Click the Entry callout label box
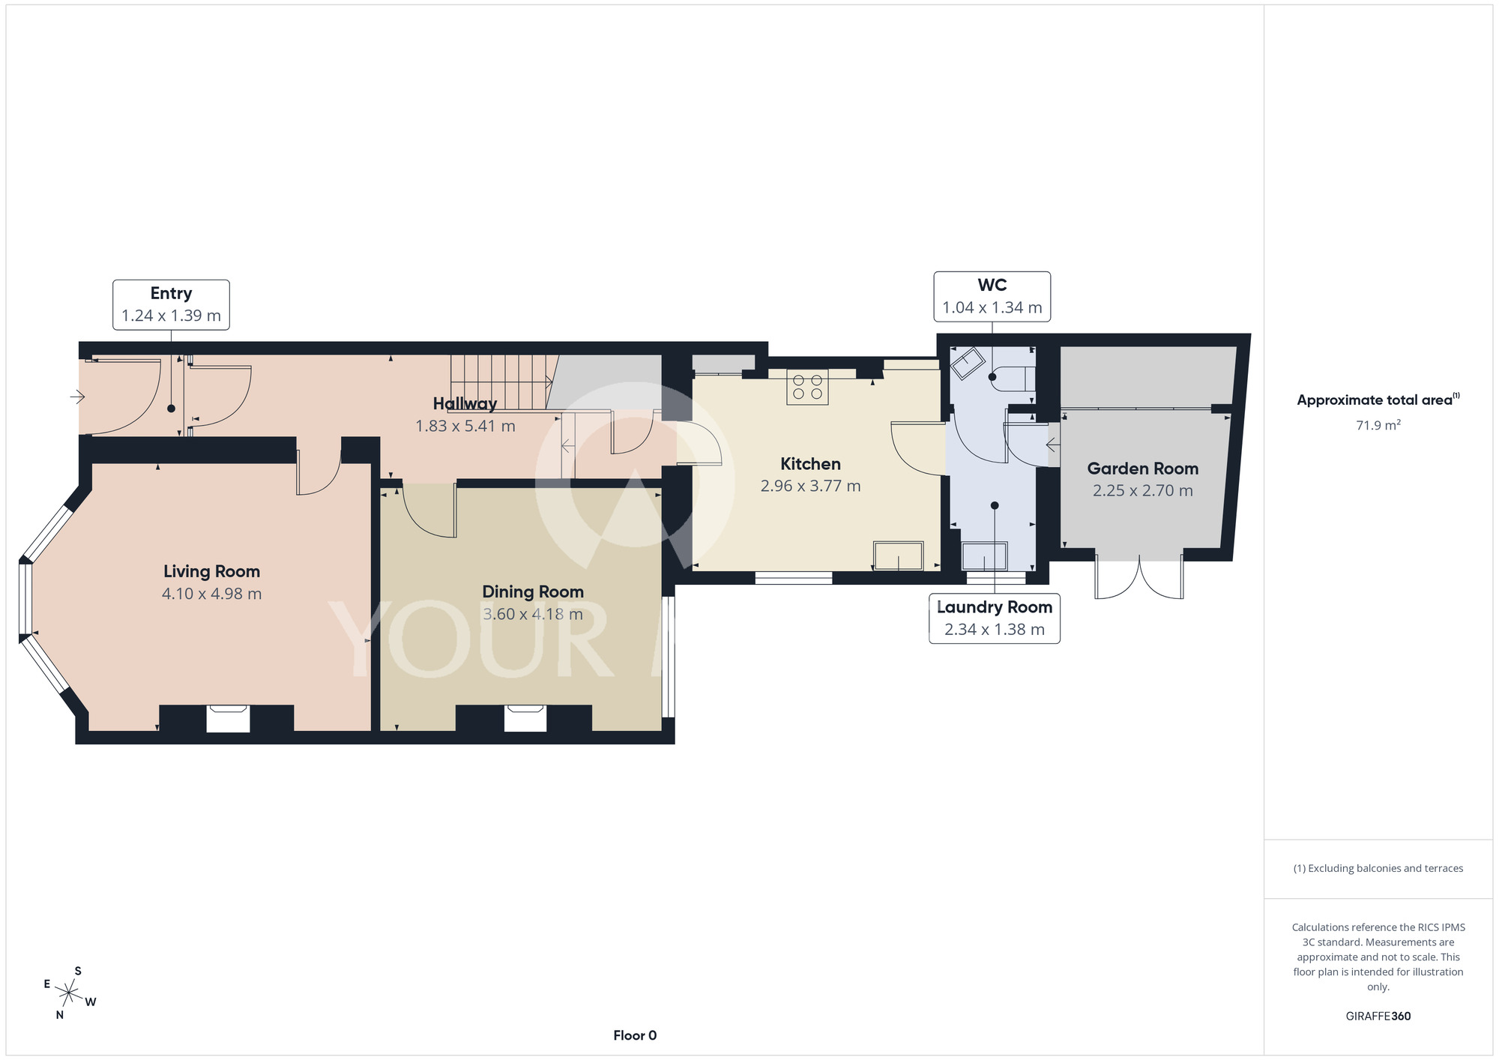coord(171,304)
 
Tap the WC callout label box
coord(992,296)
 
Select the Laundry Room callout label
coord(995,618)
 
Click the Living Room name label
coord(211,571)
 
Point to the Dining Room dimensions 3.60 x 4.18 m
coord(533,615)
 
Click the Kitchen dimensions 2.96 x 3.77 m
coord(810,486)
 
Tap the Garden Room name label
coord(1143,469)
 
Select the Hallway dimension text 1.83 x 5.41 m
coord(465,426)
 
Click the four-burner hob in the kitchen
coord(807,387)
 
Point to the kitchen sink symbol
coord(898,555)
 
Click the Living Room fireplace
coord(228,718)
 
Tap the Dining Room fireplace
coord(525,717)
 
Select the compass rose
coord(69,994)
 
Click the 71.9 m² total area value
coord(1378,425)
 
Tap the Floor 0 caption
coord(635,1035)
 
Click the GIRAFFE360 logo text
coord(1378,1017)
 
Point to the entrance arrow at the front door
coord(77,396)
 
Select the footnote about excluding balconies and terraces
coord(1378,868)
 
